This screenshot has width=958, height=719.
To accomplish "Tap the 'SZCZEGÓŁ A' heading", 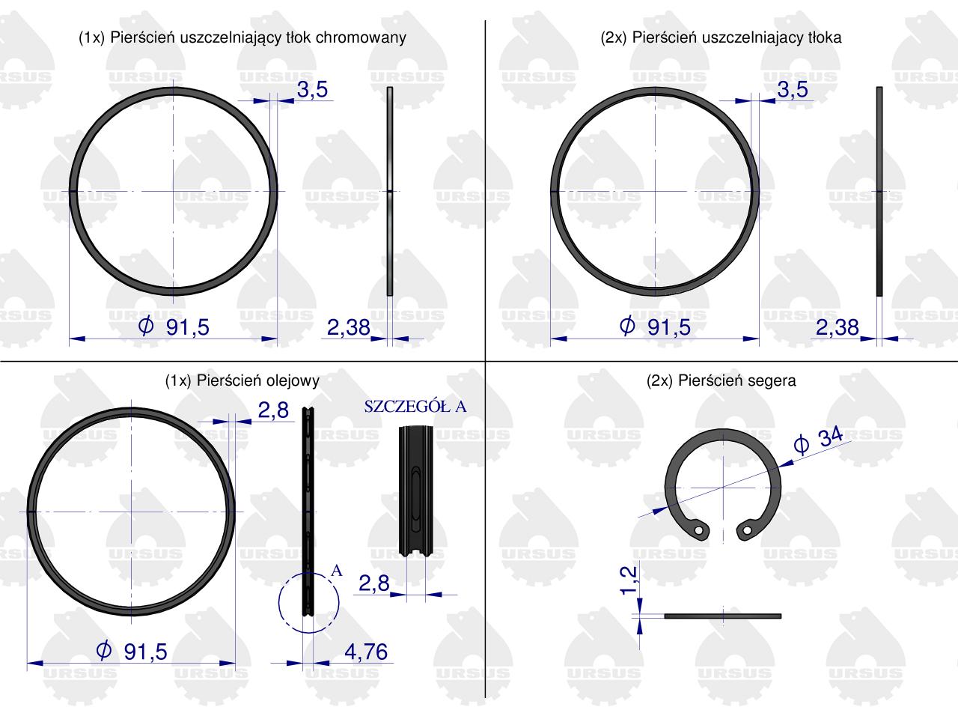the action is point(415,407).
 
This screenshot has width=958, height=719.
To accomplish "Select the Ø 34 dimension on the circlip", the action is point(818,440).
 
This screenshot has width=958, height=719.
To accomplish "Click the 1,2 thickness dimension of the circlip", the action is point(629,580).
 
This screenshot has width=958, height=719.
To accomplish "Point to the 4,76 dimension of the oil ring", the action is point(366,652).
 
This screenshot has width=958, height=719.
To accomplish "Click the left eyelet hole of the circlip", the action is point(699,530).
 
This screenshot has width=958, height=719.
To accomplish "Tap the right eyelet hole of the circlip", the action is point(747,530).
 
